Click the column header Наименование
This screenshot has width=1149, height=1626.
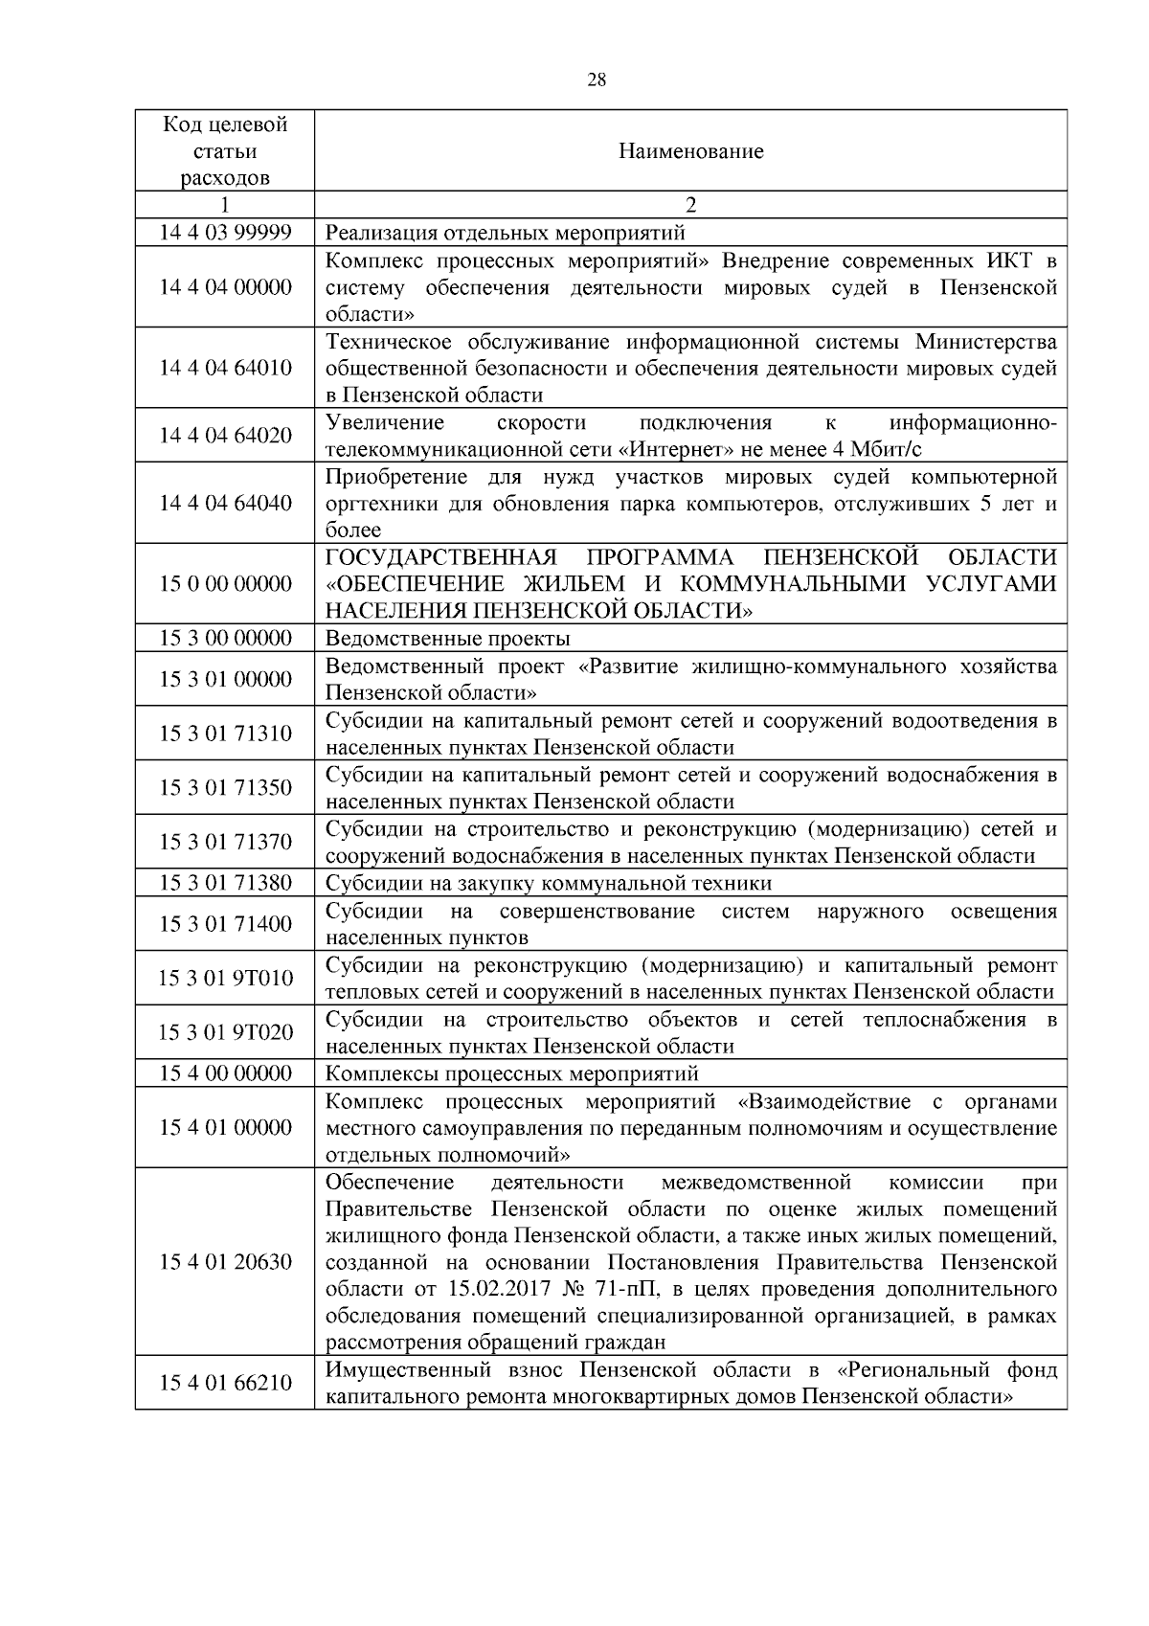point(690,151)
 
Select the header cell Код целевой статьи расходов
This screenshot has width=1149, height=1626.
point(225,151)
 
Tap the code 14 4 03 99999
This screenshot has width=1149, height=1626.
point(225,233)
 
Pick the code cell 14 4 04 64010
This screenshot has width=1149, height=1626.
point(225,369)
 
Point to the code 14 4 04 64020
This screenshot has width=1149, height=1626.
point(225,436)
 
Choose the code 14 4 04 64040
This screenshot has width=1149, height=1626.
point(225,504)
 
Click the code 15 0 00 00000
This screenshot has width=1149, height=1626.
point(225,584)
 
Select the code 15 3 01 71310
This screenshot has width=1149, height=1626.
point(225,734)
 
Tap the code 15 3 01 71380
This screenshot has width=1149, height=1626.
point(225,883)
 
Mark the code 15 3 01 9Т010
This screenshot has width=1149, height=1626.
point(225,978)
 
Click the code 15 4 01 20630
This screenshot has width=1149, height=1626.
point(225,1262)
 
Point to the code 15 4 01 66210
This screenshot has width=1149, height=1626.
point(225,1383)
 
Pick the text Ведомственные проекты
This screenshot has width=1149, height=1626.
point(448,639)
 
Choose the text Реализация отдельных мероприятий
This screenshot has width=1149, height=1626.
point(506,233)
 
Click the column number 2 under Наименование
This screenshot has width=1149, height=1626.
point(690,205)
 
